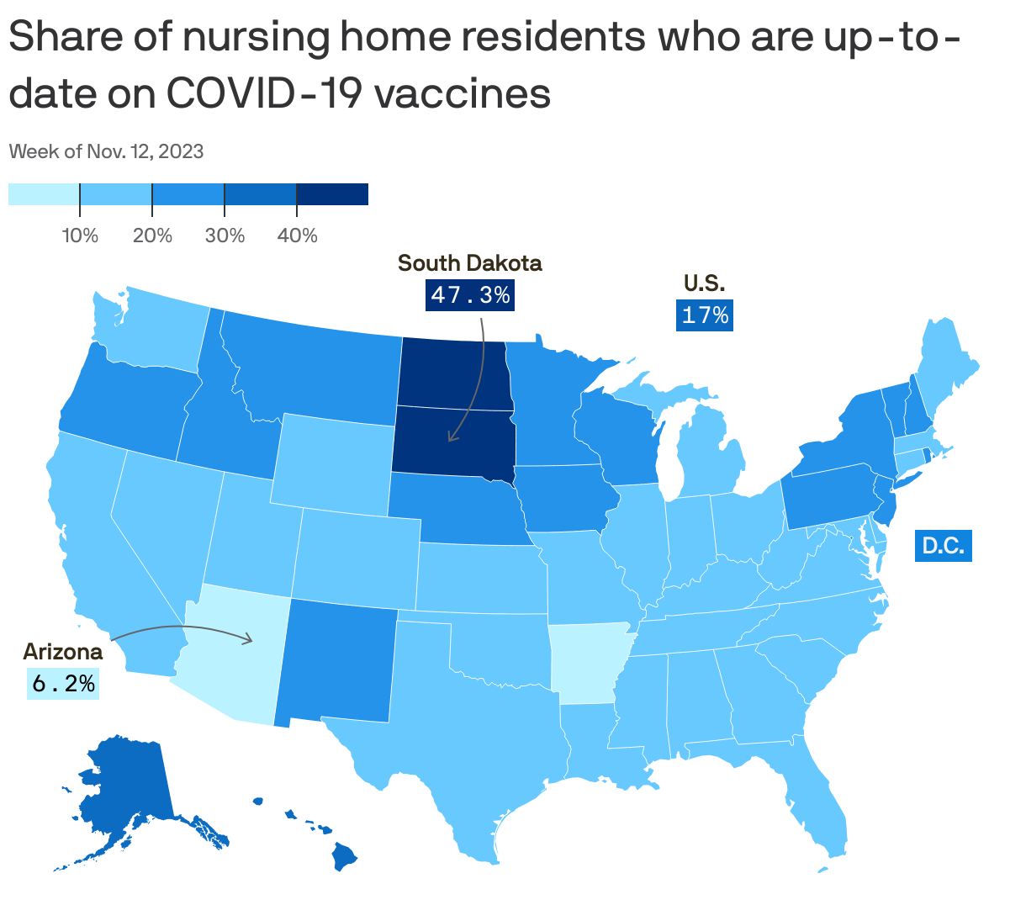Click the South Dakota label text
pos(469,263)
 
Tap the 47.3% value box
pos(470,294)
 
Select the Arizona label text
pos(63,651)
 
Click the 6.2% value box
pos(63,683)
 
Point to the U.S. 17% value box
pos(705,315)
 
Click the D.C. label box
pos(943,546)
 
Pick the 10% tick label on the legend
pos(80,236)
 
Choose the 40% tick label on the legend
pos(297,236)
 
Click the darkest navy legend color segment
pos(332,194)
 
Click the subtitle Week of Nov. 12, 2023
pos(106,151)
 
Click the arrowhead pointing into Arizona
pos(249,640)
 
